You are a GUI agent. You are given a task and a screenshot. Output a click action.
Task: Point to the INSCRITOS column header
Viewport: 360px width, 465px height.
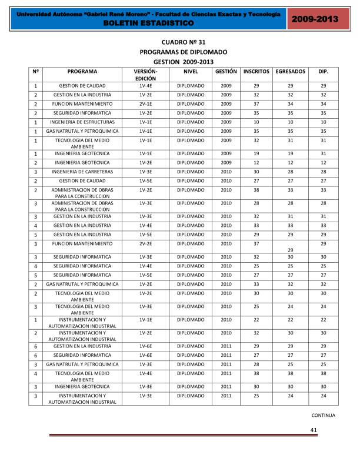(256, 71)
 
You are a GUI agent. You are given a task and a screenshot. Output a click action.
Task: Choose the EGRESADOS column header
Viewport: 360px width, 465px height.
(290, 71)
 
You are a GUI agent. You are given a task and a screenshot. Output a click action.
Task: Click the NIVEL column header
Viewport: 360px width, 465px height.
(191, 71)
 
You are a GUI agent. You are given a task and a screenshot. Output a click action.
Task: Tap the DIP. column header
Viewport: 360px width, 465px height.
(323, 71)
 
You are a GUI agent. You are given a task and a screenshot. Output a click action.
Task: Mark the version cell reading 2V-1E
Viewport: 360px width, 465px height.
(146, 103)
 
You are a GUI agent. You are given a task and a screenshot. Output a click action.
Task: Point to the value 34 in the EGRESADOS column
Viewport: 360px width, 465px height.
(290, 103)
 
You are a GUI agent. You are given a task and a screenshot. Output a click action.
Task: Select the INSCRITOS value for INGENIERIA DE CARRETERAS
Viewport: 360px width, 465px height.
(256, 171)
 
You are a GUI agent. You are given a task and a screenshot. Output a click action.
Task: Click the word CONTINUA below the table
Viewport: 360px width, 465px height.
(323, 415)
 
